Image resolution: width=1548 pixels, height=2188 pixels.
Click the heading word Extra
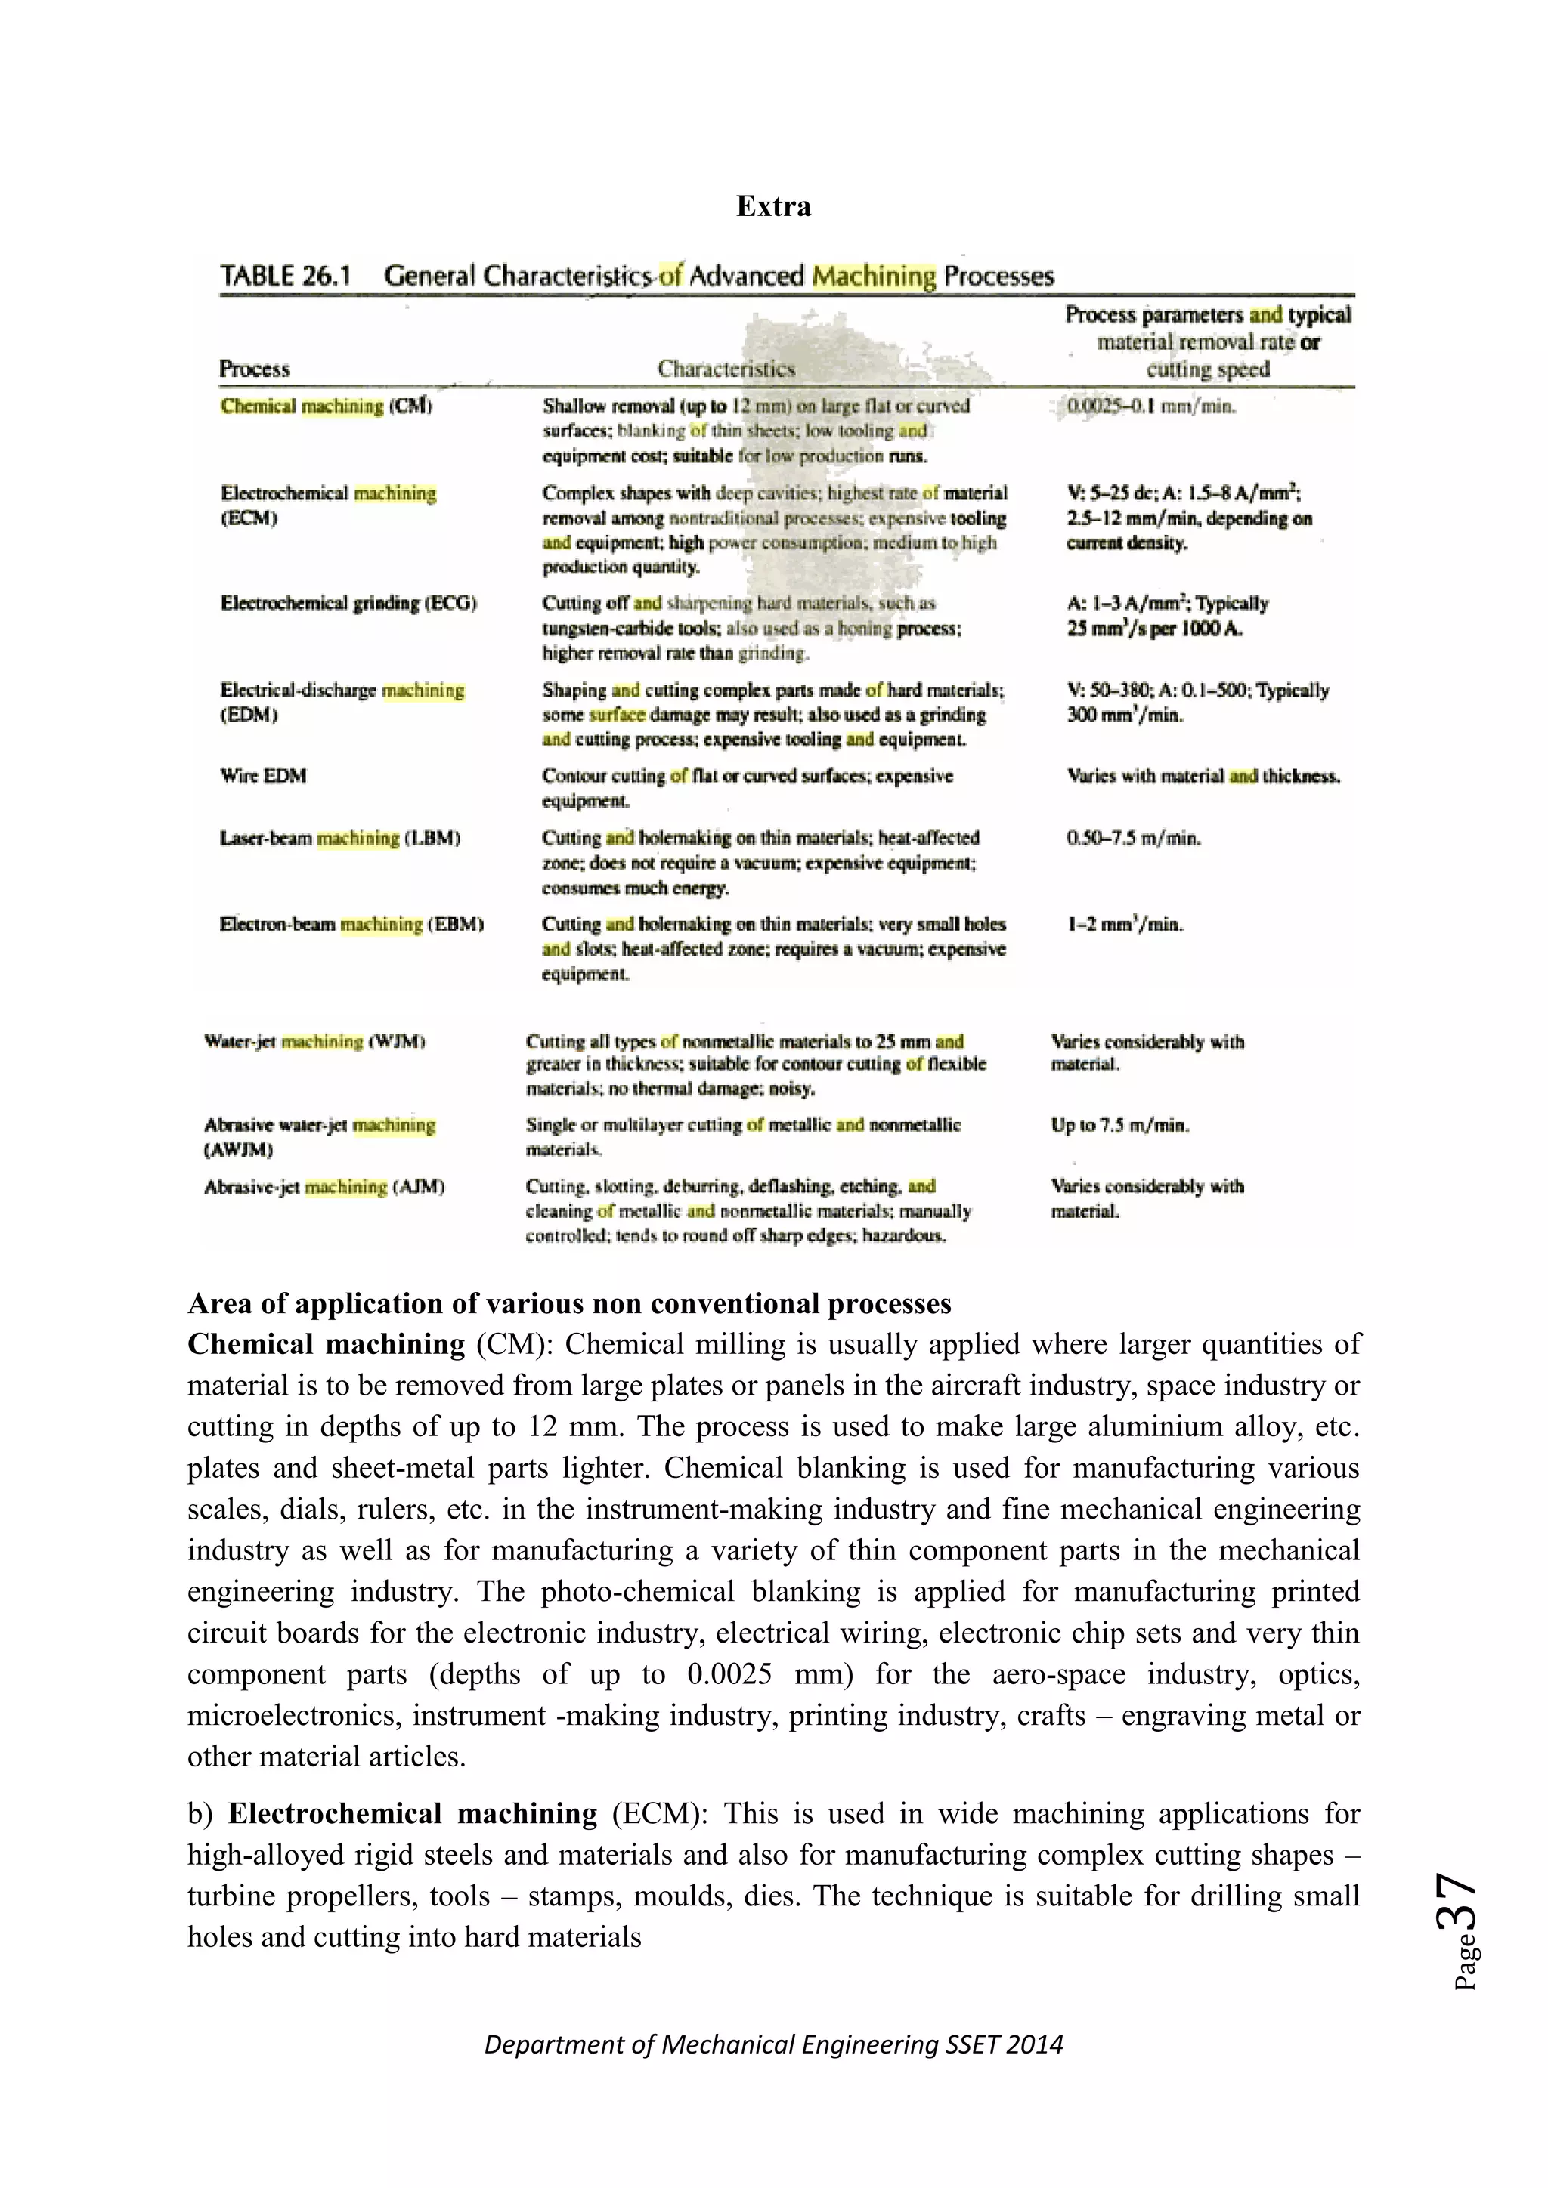coord(773,207)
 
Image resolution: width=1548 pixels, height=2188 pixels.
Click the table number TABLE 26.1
coord(286,277)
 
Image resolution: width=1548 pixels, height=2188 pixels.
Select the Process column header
coord(255,369)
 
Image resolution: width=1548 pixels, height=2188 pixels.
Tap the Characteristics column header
coord(726,369)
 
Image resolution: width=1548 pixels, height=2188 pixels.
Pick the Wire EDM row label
coord(263,776)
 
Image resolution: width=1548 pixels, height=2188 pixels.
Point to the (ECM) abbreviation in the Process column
coord(249,518)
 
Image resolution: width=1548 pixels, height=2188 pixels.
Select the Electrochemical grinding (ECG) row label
coord(349,603)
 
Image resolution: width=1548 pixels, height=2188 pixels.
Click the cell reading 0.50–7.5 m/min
coord(1133,839)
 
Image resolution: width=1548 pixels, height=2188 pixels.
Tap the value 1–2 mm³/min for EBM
coord(1125,924)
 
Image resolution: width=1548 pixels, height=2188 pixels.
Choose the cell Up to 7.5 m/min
coord(1120,1126)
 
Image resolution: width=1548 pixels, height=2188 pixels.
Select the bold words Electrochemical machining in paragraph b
coord(413,1813)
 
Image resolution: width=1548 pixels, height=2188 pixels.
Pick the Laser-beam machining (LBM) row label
coord(340,839)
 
